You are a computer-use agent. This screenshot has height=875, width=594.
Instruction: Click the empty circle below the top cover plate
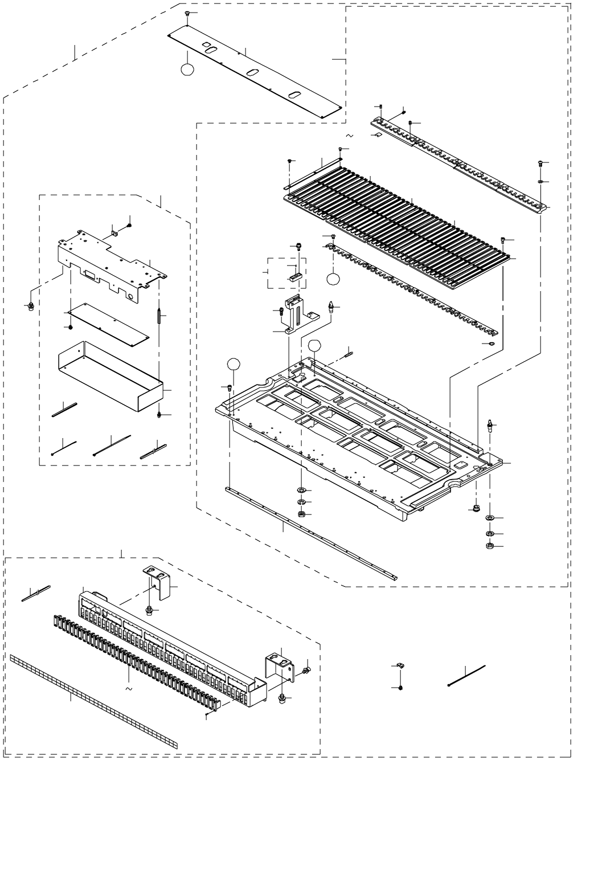[x=187, y=69]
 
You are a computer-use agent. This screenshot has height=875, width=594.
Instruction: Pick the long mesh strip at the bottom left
[x=94, y=701]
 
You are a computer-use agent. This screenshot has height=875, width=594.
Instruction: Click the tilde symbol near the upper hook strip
[x=349, y=136]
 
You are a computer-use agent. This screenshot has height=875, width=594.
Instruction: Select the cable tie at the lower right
[x=466, y=674]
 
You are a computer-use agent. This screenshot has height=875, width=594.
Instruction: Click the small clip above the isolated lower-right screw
[x=400, y=665]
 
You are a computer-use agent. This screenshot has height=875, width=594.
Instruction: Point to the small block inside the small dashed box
[x=293, y=278]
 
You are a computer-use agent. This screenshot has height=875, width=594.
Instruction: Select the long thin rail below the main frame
[x=310, y=533]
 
